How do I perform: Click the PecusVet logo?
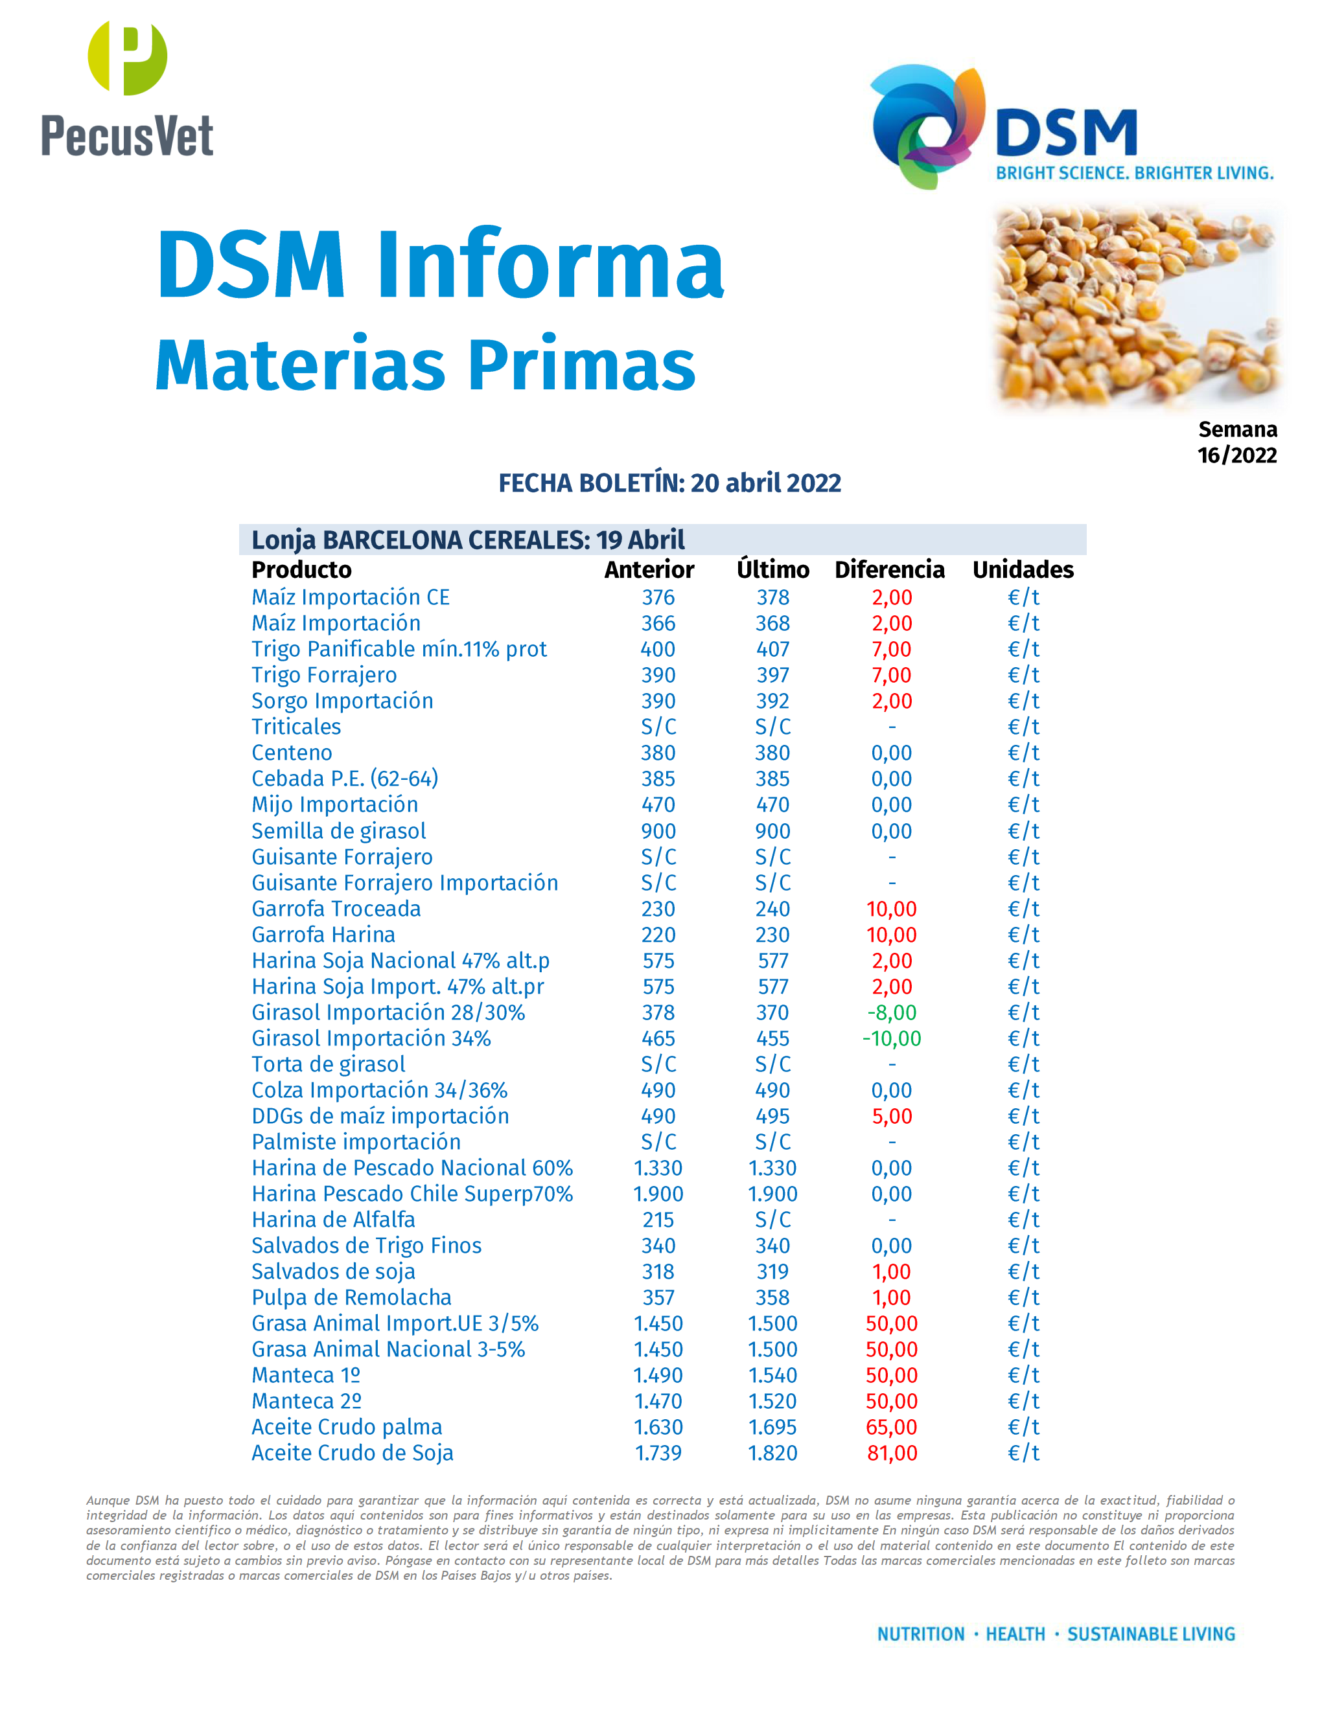[127, 89]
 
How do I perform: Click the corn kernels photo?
[1135, 305]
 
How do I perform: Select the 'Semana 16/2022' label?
[1236, 442]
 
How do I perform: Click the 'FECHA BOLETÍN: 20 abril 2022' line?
[669, 483]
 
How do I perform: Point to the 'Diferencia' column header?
[890, 569]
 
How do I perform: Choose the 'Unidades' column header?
[1023, 569]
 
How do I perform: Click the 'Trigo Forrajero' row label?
[323, 675]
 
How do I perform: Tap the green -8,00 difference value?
[891, 1012]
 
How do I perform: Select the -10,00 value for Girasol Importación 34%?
[891, 1038]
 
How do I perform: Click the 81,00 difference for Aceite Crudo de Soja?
[891, 1453]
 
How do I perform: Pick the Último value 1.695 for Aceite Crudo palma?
[772, 1428]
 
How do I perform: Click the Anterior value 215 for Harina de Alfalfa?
[658, 1220]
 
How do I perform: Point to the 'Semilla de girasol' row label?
[338, 831]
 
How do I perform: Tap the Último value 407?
[772, 649]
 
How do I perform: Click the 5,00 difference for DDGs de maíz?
[891, 1116]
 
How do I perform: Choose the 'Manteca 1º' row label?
[305, 1375]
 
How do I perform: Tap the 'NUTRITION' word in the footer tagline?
[920, 1634]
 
